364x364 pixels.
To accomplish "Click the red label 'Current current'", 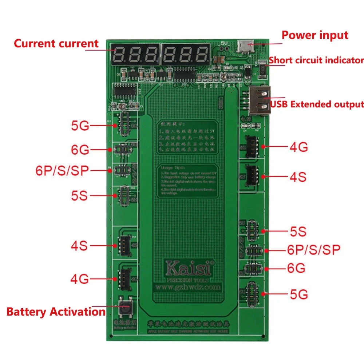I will [x=56, y=44].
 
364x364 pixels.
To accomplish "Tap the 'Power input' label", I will [x=315, y=35].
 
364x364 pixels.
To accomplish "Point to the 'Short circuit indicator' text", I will [x=316, y=60].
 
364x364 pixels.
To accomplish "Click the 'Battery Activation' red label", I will [x=56, y=312].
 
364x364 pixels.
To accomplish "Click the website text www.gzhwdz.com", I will [x=188, y=287].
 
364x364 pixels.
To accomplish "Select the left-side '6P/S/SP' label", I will [x=62, y=171].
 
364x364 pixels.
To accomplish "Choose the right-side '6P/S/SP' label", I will [x=314, y=250].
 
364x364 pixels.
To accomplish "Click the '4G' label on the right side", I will [x=298, y=147].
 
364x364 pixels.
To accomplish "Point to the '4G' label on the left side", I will [x=79, y=279].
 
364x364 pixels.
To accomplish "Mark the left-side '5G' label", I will [x=80, y=126].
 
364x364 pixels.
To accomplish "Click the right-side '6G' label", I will [x=296, y=269].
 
